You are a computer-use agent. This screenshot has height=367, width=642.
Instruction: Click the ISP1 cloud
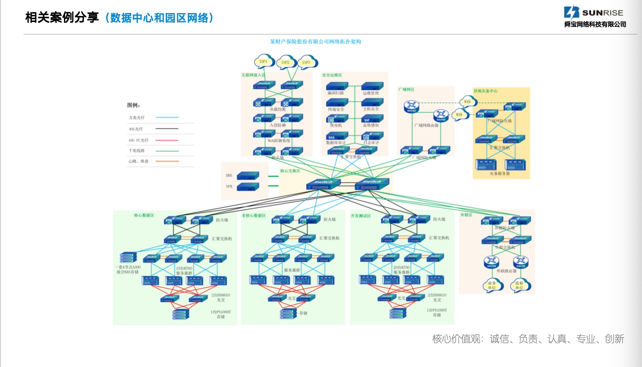click(x=263, y=62)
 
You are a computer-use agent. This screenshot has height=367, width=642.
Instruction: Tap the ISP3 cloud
click(x=306, y=62)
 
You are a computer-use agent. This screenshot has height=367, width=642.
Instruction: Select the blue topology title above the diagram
click(x=315, y=42)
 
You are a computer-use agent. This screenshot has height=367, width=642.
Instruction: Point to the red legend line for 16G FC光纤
click(x=167, y=140)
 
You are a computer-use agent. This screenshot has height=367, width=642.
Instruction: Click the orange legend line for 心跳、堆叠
click(x=167, y=161)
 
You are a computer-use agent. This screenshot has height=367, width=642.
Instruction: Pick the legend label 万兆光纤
click(x=137, y=118)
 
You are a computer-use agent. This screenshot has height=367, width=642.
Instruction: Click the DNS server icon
click(x=248, y=176)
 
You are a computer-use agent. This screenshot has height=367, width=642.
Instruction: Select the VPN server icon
click(x=248, y=187)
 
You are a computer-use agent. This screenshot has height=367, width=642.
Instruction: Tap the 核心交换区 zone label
click(x=290, y=171)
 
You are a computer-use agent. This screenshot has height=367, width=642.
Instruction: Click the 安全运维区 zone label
click(x=332, y=75)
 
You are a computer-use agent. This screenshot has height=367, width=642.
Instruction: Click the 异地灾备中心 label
click(x=485, y=91)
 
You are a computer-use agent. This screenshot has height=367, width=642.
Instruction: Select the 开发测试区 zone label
click(x=361, y=216)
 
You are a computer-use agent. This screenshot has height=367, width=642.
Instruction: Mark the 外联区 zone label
click(x=466, y=215)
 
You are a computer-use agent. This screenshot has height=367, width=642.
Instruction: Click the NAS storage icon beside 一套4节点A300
click(x=128, y=258)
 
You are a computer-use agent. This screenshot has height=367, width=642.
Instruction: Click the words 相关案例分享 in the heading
click(x=62, y=18)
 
